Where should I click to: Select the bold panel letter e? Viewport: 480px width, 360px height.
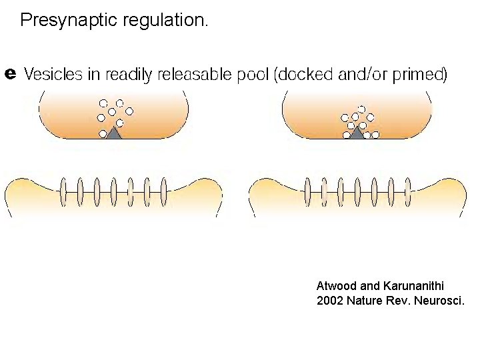[10, 72]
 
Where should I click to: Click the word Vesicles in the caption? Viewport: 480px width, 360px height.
[49, 75]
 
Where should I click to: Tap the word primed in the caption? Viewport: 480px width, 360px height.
[419, 75]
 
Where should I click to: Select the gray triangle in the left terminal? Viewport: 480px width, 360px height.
[114, 133]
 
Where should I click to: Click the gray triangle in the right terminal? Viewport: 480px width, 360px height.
[358, 133]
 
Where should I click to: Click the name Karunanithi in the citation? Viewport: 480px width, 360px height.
[414, 286]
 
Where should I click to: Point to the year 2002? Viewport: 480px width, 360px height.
[330, 301]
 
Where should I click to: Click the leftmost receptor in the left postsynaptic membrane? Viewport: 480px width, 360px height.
[63, 192]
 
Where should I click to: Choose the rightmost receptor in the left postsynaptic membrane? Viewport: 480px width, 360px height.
[163, 192]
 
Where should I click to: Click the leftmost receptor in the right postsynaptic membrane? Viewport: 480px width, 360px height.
[307, 192]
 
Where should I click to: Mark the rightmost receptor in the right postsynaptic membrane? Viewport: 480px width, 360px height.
[407, 192]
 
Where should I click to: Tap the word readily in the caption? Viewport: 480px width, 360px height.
[133, 75]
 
